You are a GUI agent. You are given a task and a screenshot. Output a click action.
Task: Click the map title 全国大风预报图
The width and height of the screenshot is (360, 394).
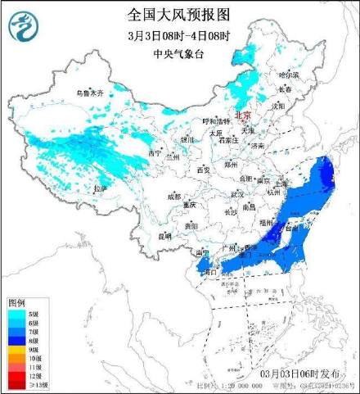179,14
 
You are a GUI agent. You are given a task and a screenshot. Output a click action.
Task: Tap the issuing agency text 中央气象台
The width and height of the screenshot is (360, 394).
179,54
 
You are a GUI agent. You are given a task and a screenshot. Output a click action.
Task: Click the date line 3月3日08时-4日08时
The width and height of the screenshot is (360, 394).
179,34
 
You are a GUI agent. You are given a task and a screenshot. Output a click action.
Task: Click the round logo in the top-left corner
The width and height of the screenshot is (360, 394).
22,30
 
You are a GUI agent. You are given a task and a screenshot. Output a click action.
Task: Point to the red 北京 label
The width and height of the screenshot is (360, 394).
244,117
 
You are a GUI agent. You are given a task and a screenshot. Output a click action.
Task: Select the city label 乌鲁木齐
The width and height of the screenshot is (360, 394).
91,94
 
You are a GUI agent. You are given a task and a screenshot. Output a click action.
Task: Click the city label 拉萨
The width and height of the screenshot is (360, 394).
100,188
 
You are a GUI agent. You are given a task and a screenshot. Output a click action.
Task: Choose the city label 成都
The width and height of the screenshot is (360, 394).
173,197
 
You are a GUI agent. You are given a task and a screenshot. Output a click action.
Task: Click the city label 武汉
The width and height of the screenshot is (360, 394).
237,194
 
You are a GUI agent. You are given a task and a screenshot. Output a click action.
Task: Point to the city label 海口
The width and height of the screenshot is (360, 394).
209,271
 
